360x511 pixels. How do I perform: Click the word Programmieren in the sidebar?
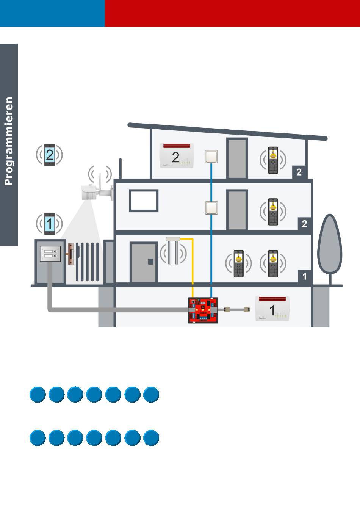pyautogui.click(x=9, y=141)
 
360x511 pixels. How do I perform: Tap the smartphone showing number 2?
pyautogui.click(x=49, y=155)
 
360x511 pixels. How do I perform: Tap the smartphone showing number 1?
pyautogui.click(x=49, y=224)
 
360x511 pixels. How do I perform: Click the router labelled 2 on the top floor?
pyautogui.click(x=177, y=155)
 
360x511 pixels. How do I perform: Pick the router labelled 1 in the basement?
pyautogui.click(x=272, y=309)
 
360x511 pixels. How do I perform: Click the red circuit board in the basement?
pyautogui.click(x=203, y=310)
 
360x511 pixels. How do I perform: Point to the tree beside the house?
pyautogui.click(x=329, y=245)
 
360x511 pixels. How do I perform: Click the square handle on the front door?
pyautogui.click(x=150, y=261)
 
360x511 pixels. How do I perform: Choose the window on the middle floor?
pyautogui.click(x=144, y=201)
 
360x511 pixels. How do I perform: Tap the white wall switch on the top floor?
pyautogui.click(x=211, y=157)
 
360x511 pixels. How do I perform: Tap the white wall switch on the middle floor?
pyautogui.click(x=211, y=208)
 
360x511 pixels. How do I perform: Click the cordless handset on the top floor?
pyautogui.click(x=273, y=160)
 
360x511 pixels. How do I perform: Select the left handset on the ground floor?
pyautogui.click(x=238, y=263)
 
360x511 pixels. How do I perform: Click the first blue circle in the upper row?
pyautogui.click(x=38, y=395)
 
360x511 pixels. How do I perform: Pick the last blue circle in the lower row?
pyautogui.click(x=151, y=438)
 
